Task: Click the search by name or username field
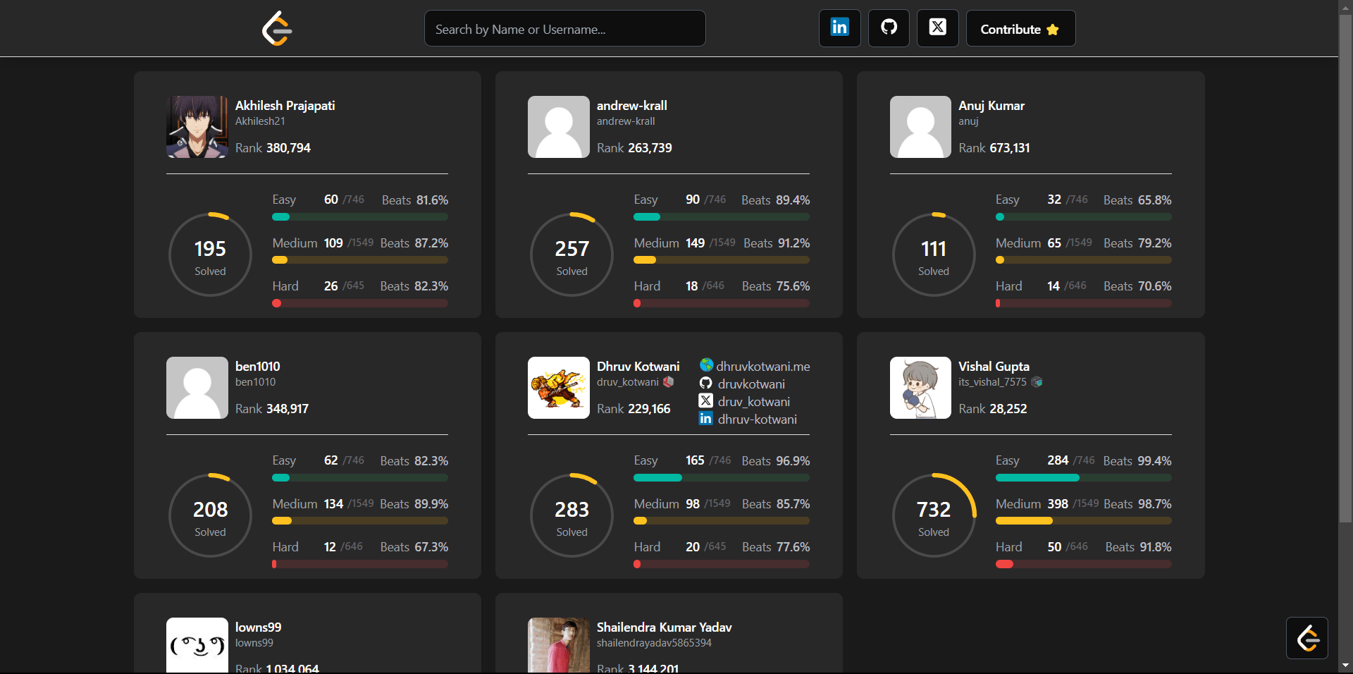pos(564,29)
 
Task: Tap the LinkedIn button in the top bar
pos(839,28)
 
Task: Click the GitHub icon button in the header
pos(889,28)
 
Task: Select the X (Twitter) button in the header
pos(937,28)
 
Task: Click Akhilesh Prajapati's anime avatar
pos(197,127)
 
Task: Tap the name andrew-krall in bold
pos(631,106)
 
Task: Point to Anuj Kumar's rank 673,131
pos(1009,148)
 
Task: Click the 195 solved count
pos(210,249)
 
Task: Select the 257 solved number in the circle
pos(572,249)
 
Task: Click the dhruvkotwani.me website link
pos(762,367)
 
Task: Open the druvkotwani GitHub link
pos(750,384)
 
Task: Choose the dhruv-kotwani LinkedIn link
pos(757,419)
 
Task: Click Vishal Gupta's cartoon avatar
pos(920,388)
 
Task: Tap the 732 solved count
pos(933,510)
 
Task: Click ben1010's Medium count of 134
pos(333,504)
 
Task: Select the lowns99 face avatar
pos(197,645)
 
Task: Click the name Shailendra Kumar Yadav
pos(664,627)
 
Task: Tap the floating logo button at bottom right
pos(1307,638)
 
